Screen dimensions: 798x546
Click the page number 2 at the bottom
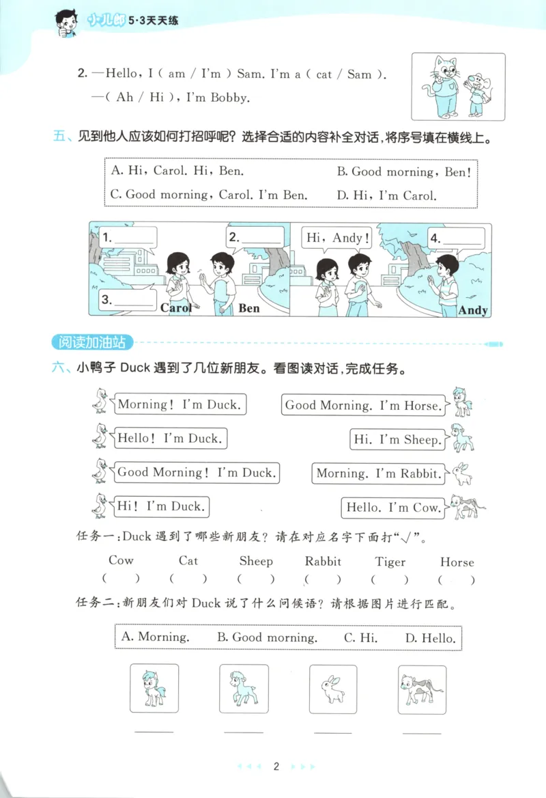pyautogui.click(x=276, y=767)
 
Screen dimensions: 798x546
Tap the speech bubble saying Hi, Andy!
pyautogui.click(x=338, y=238)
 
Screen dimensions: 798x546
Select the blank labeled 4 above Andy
pyautogui.click(x=456, y=238)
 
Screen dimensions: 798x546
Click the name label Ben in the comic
pyautogui.click(x=249, y=308)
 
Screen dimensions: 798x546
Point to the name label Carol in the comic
pyautogui.click(x=175, y=307)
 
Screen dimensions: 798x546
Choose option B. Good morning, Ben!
pyautogui.click(x=403, y=172)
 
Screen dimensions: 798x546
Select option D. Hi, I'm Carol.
pyautogui.click(x=386, y=195)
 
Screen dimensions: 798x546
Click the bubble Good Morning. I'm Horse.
pyautogui.click(x=363, y=405)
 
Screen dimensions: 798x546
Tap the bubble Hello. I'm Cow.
pyautogui.click(x=392, y=508)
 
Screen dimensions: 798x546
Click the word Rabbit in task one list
pyautogui.click(x=323, y=561)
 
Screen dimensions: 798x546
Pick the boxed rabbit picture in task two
pyautogui.click(x=333, y=689)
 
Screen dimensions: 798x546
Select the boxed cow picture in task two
pyautogui.click(x=422, y=689)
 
